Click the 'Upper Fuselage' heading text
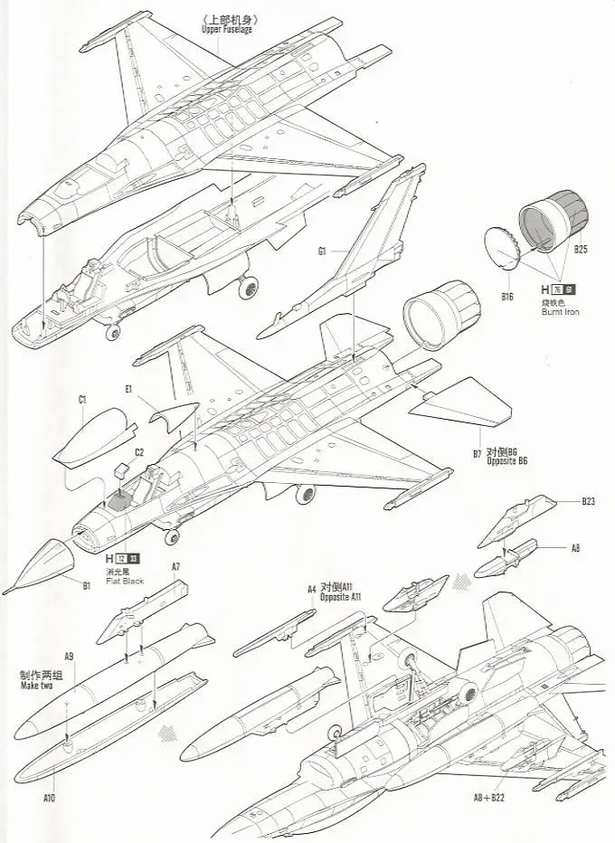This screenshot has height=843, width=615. pyautogui.click(x=227, y=29)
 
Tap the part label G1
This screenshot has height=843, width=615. pyautogui.click(x=321, y=251)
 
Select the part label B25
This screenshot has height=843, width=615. pyautogui.click(x=581, y=248)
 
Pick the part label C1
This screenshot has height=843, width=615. pyautogui.click(x=82, y=399)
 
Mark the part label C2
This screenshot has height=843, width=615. pyautogui.click(x=138, y=451)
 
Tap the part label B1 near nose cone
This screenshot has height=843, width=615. pyautogui.click(x=87, y=586)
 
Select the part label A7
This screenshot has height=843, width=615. pyautogui.click(x=176, y=567)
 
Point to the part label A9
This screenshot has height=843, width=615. pyautogui.click(x=69, y=656)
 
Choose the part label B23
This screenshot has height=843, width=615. pyautogui.click(x=588, y=500)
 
